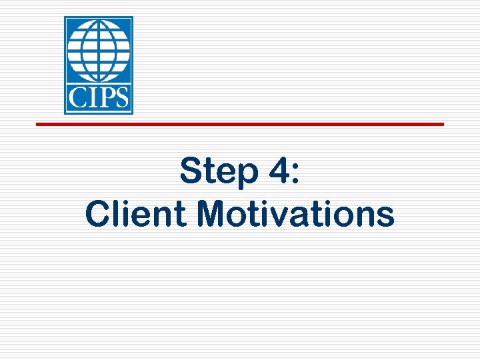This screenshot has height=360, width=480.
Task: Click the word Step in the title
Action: [218, 173]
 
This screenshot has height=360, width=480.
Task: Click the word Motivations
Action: [296, 214]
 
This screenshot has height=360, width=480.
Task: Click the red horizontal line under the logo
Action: [239, 124]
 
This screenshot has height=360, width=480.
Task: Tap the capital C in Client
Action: [98, 214]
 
